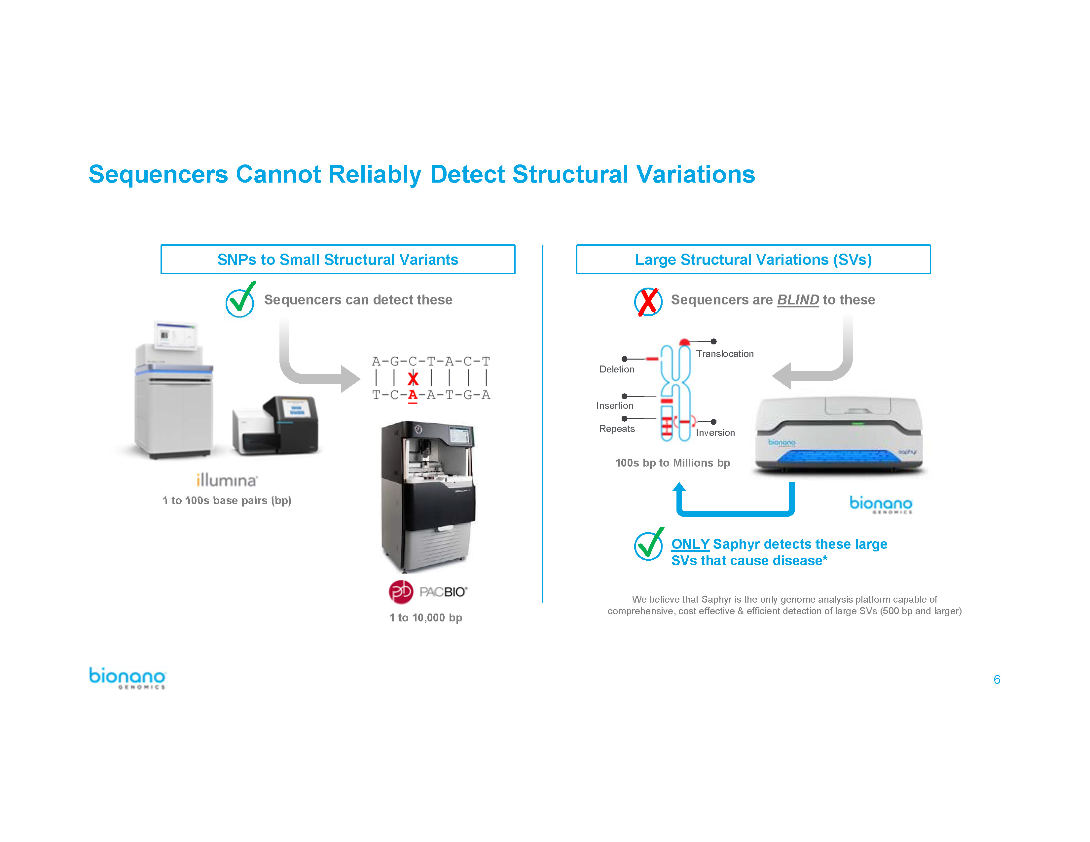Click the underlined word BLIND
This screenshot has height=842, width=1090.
click(798, 300)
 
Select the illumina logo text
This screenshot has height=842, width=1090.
click(227, 480)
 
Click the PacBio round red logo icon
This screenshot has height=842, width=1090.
click(401, 592)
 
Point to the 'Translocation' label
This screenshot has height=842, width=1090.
click(725, 354)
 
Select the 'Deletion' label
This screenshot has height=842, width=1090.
click(617, 369)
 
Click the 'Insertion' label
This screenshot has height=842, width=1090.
click(615, 405)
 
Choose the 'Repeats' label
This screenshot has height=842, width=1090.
click(617, 429)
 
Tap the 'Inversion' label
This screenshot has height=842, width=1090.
click(715, 433)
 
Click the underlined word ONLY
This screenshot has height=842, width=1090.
click(690, 544)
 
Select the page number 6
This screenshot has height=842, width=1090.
click(997, 680)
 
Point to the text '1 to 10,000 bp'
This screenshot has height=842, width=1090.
click(426, 617)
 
